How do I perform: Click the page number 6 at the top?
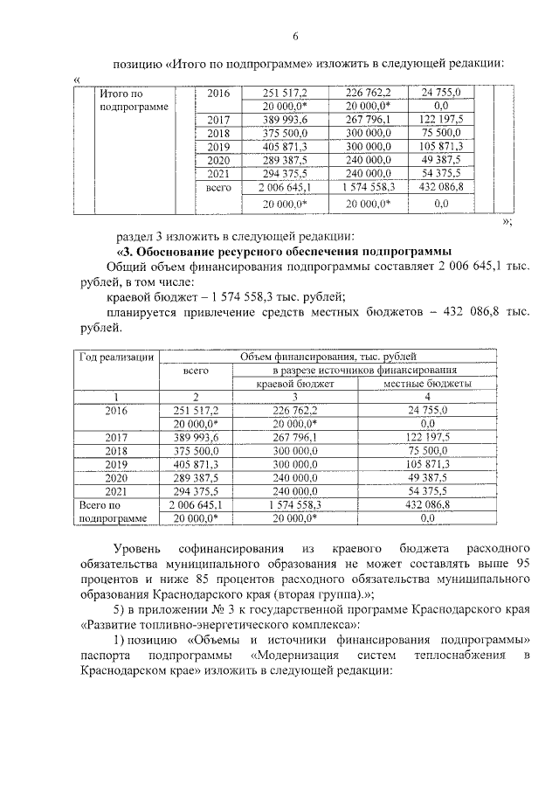[295, 36]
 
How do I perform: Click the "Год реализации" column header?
[118, 357]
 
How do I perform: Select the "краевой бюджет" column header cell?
[294, 384]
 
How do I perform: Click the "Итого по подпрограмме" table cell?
[132, 99]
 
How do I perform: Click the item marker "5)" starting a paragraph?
[111, 609]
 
